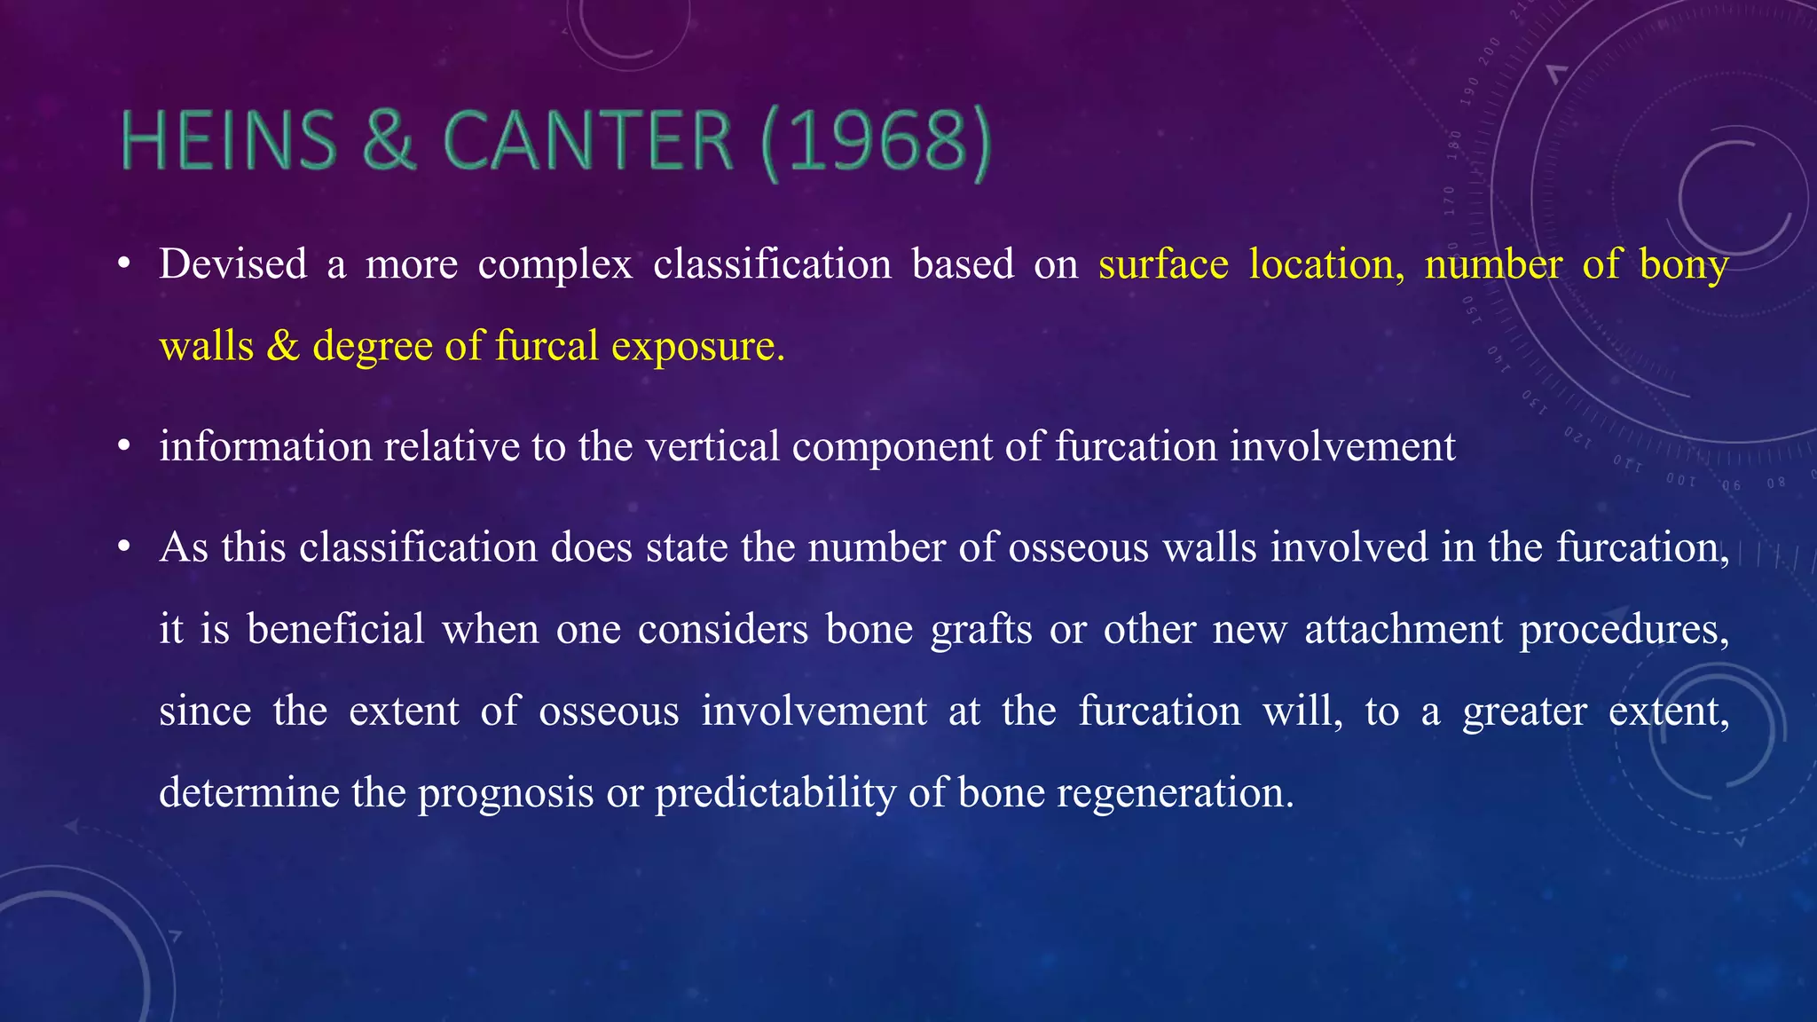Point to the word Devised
233,264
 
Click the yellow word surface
1163,264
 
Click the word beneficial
336,629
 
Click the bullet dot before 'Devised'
125,265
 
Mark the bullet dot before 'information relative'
125,447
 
